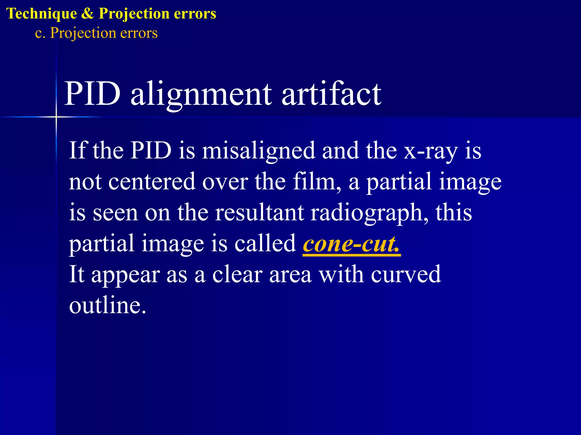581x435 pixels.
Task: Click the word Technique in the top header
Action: pos(41,14)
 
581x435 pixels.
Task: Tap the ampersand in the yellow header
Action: pos(88,14)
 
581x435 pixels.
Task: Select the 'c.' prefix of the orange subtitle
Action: pos(40,33)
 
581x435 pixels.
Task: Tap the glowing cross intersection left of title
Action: pos(56,117)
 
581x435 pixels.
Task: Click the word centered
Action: pos(152,181)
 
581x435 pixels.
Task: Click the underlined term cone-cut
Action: pos(351,244)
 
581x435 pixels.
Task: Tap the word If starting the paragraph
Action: pos(77,150)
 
